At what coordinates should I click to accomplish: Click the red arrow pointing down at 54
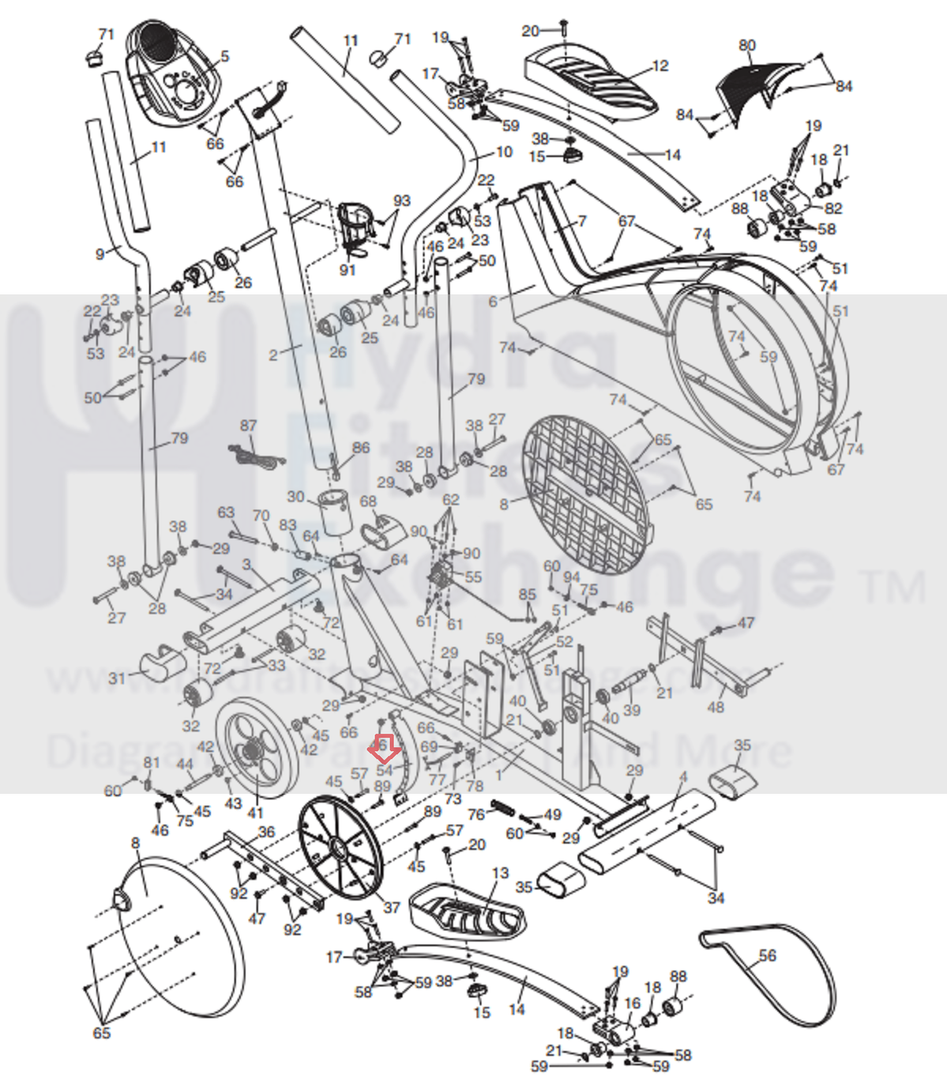coord(384,747)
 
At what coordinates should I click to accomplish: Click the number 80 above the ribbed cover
coord(747,46)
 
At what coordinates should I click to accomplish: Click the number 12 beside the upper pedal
coord(660,66)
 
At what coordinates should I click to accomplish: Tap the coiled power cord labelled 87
coord(254,456)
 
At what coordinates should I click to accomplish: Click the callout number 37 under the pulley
coord(392,907)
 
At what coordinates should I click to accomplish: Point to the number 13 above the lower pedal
coord(500,873)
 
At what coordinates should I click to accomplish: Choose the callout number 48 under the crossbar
coord(715,707)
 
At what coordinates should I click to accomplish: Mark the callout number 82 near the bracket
coord(832,208)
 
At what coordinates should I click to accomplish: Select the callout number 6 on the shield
coord(494,301)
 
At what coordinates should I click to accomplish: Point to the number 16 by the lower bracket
coord(632,1003)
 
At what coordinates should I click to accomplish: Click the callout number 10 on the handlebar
coord(504,152)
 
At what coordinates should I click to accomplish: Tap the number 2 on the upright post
coord(273,355)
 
